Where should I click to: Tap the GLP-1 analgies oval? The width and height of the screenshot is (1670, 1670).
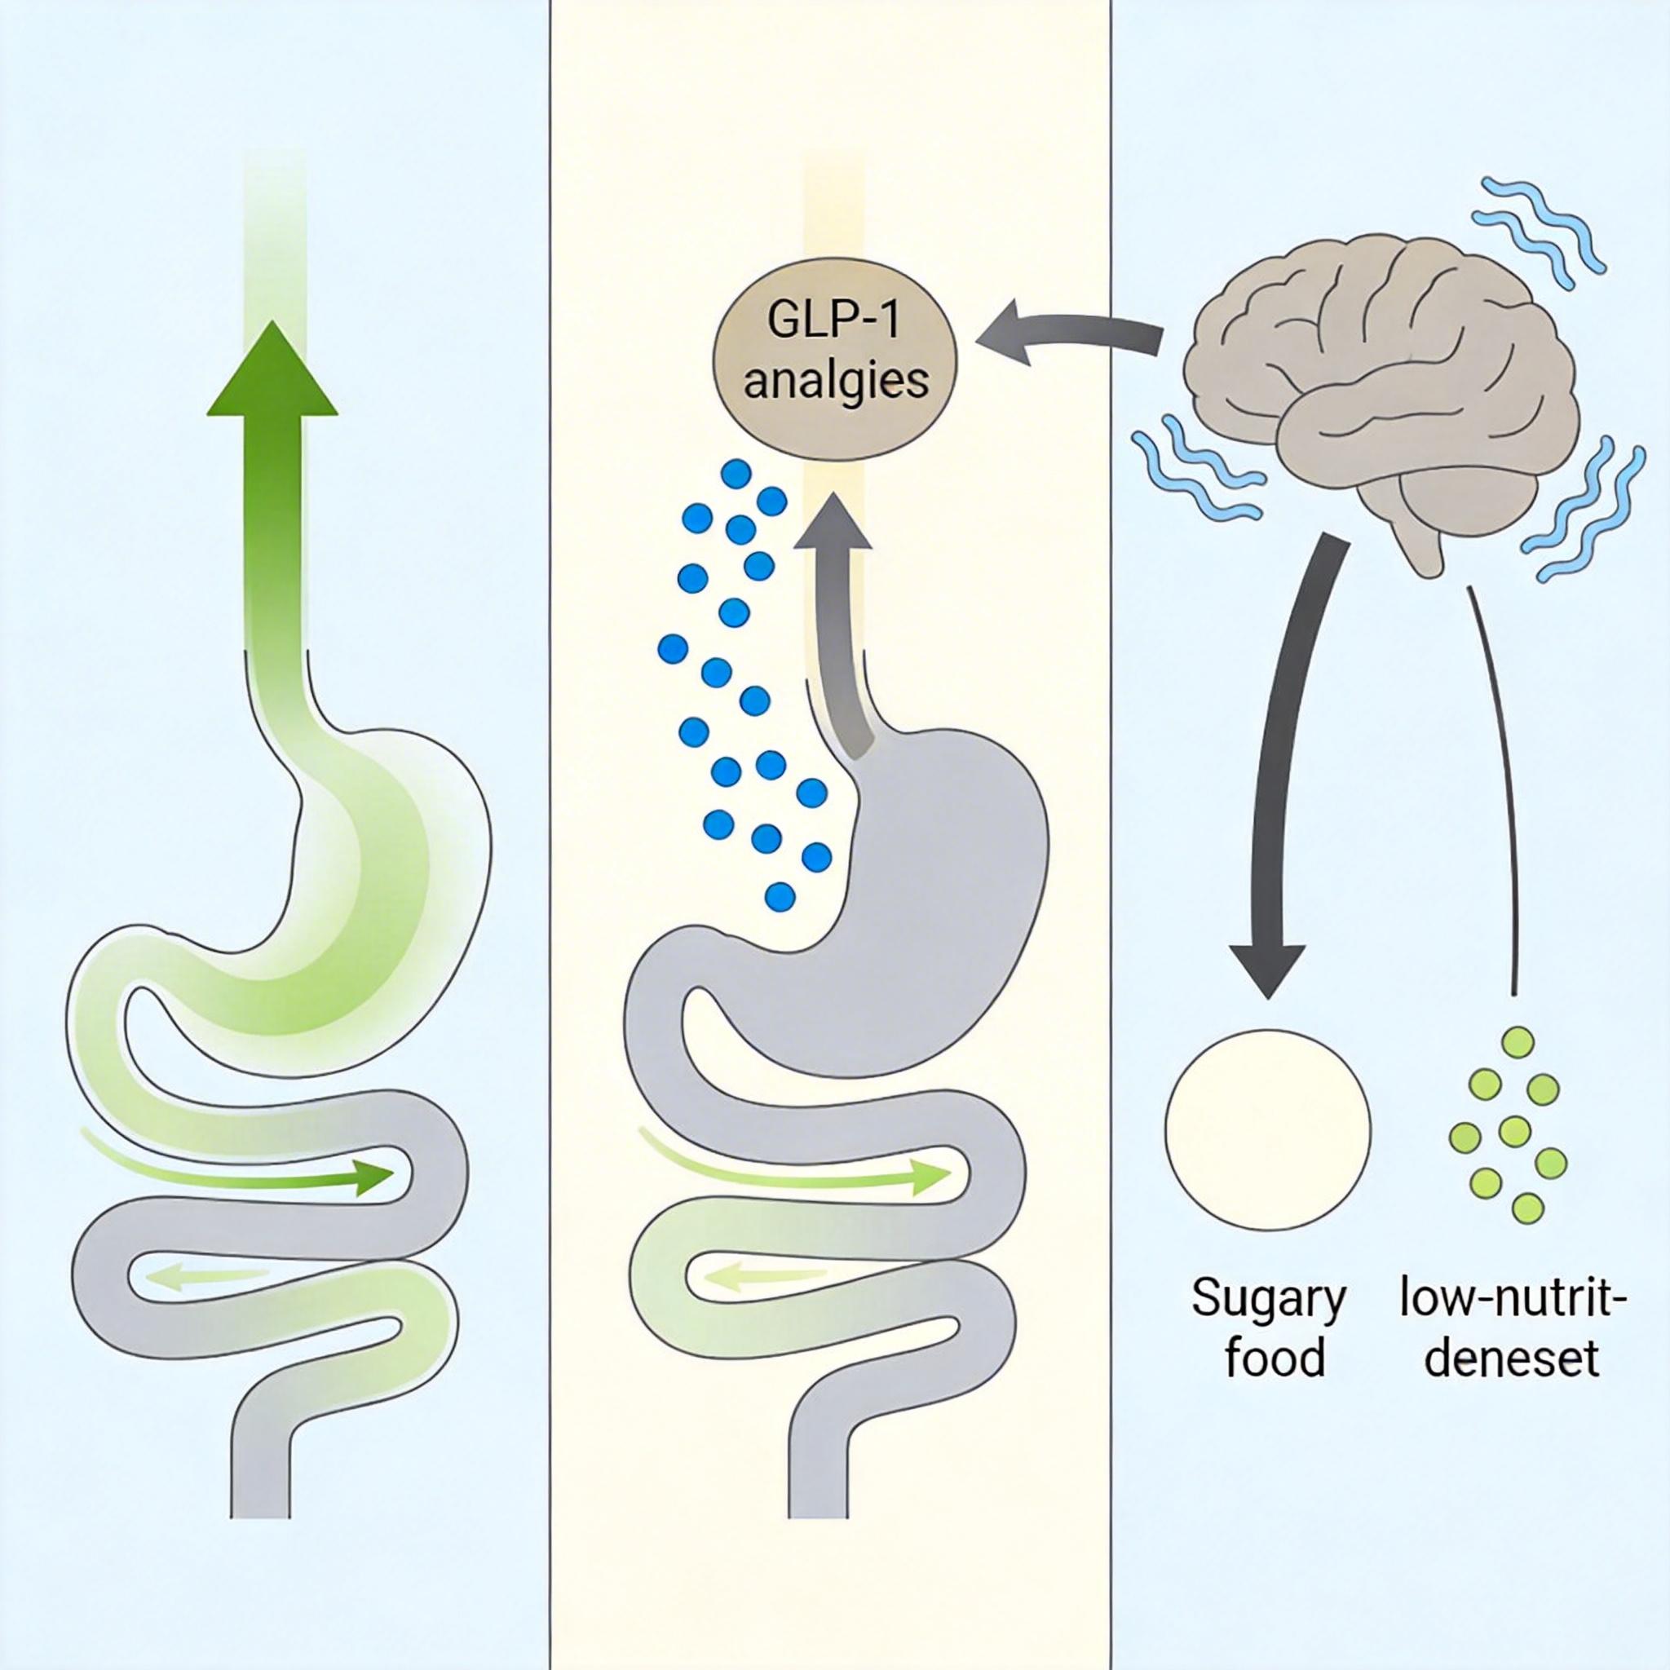[x=834, y=358]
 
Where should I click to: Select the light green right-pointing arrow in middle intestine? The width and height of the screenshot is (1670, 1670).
[x=930, y=1178]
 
